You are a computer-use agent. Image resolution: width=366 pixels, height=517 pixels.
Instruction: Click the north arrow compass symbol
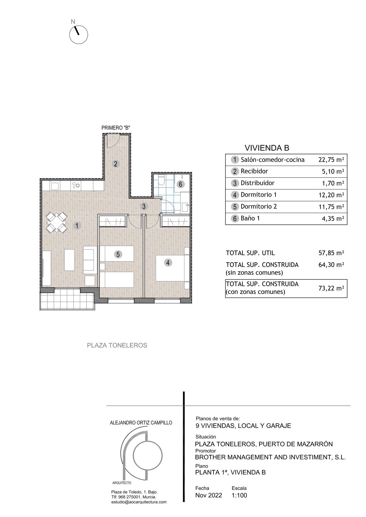[78, 35]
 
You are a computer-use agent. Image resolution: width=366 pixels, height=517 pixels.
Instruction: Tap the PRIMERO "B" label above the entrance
[116, 128]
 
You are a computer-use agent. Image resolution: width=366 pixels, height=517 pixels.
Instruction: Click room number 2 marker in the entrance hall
[116, 164]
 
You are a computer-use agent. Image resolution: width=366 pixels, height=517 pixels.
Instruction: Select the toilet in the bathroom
[161, 180]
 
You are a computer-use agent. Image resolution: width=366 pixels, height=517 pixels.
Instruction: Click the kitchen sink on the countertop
[55, 186]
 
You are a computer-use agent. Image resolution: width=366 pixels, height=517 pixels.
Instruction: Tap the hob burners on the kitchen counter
[76, 185]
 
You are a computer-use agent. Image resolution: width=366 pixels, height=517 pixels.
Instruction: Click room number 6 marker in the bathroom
[180, 184]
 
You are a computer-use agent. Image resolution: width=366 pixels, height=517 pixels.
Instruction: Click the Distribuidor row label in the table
[257, 183]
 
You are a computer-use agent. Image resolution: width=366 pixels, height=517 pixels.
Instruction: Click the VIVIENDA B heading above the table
[267, 148]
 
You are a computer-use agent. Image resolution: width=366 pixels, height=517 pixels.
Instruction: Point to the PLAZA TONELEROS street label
[117, 345]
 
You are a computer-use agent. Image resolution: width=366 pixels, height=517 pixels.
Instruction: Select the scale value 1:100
[239, 495]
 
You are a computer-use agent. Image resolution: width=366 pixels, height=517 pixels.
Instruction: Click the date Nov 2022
[209, 495]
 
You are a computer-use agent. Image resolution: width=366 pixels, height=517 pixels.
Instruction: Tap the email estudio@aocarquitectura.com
[139, 502]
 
